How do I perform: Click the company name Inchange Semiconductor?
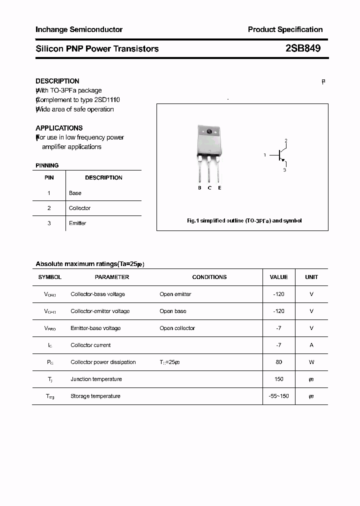pyautogui.click(x=79, y=29)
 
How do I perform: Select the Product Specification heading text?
pyautogui.click(x=285, y=29)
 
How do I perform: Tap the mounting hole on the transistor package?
pyautogui.click(x=209, y=132)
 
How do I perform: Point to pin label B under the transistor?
pyautogui.click(x=199, y=188)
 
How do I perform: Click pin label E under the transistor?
pyautogui.click(x=219, y=188)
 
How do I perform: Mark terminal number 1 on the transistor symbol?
pyautogui.click(x=264, y=155)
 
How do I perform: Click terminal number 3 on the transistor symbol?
pyautogui.click(x=284, y=170)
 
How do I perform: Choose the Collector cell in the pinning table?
pyautogui.click(x=80, y=208)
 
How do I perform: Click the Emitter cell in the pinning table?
pyautogui.click(x=77, y=223)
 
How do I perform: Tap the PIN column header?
pyautogui.click(x=49, y=177)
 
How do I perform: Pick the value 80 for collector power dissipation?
pyautogui.click(x=278, y=362)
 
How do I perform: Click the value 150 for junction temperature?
pyautogui.click(x=278, y=379)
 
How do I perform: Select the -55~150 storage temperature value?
pyautogui.click(x=278, y=396)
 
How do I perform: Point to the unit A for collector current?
pyautogui.click(x=311, y=345)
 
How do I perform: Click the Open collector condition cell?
pyautogui.click(x=177, y=328)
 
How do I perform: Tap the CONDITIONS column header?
pyautogui.click(x=209, y=277)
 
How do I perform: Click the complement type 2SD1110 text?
pyautogui.click(x=107, y=100)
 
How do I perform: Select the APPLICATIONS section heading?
pyautogui.click(x=59, y=128)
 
